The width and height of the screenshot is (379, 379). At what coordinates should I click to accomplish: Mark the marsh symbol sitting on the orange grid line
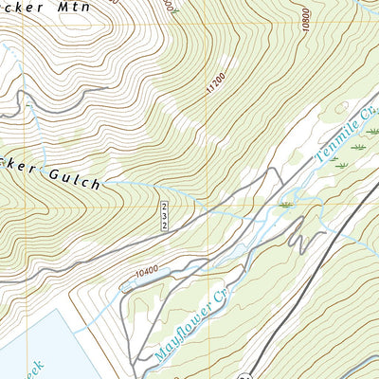(x=285, y=204)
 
